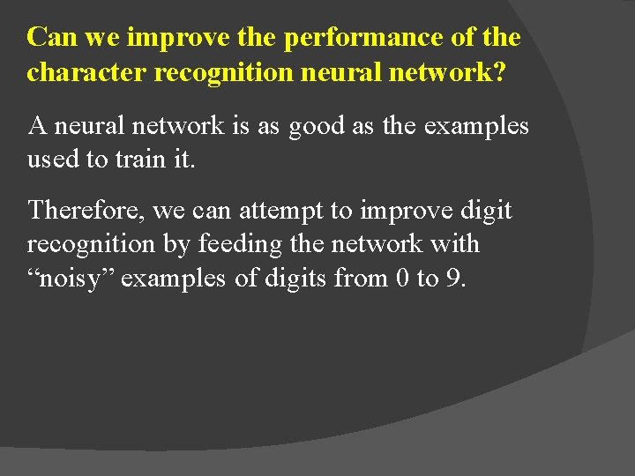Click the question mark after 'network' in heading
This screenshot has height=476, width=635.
click(500, 72)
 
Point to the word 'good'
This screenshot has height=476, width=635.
click(315, 126)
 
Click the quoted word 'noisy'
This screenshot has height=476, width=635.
click(73, 279)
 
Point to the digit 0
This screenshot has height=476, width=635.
click(401, 279)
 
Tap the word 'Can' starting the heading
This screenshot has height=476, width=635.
click(49, 38)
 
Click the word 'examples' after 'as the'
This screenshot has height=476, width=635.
click(475, 126)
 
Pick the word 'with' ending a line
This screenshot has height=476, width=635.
click(457, 244)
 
